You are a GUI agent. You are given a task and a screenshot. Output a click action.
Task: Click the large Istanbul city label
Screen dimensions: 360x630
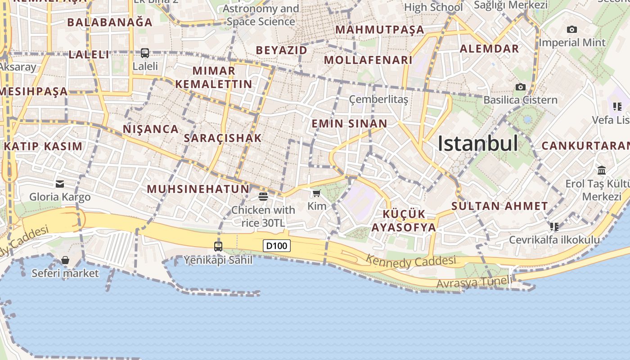coord(478,144)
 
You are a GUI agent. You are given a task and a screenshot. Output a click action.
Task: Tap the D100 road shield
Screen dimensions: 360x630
coord(277,246)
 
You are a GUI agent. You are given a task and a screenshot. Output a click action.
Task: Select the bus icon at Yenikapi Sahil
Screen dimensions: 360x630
coord(218,246)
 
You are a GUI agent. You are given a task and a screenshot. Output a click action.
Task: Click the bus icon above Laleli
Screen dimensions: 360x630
coord(145,53)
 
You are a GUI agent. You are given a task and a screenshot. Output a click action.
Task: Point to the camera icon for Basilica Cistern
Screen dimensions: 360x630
coord(521,87)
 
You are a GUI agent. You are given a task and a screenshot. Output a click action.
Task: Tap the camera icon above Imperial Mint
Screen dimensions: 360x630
coord(572,30)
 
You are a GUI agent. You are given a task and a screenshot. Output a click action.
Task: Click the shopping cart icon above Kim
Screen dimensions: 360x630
coord(316,193)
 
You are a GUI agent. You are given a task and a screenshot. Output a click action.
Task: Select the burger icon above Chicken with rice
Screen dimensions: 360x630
coord(263,196)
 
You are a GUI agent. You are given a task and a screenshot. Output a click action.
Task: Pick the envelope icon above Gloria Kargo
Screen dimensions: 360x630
coord(60,184)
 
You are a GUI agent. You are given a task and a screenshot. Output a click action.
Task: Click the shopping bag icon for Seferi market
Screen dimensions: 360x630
coord(65,260)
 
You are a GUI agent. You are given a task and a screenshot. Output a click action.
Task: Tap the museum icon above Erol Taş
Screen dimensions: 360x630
coord(602,170)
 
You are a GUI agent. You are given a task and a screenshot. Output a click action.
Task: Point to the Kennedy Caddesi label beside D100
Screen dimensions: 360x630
coord(410,261)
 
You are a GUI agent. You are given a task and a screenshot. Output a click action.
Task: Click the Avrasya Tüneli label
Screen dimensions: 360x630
coord(474,283)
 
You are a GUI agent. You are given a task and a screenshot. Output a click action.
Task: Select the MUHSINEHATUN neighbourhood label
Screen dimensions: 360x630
coord(198,189)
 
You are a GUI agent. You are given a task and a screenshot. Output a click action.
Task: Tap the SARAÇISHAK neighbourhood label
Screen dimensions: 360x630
coord(223,138)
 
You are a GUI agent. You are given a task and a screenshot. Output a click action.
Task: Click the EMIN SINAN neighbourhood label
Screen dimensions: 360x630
coord(349,124)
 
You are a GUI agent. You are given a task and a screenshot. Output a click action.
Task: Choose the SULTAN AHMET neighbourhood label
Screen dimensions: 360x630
coord(499,207)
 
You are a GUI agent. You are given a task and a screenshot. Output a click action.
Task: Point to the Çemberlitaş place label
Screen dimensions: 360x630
coord(378,99)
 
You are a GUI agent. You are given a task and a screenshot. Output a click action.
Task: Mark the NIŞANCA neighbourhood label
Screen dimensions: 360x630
coord(151,129)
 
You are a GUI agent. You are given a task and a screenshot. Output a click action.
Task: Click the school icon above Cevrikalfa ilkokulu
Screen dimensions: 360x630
coord(554,226)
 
